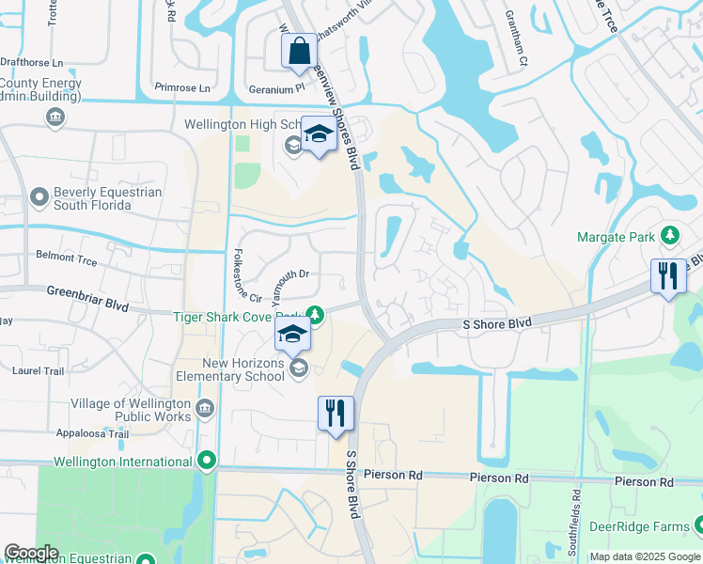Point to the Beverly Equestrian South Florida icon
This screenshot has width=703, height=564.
[x=39, y=197]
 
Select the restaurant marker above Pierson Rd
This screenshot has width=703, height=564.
[x=336, y=413]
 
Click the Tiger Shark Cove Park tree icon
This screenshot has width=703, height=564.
[x=317, y=314]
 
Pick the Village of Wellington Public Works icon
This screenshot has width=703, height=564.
[x=206, y=408]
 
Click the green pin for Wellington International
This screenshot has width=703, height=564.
[x=207, y=461]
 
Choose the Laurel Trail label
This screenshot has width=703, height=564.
[x=38, y=370]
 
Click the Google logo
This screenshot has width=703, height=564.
[x=31, y=553]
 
